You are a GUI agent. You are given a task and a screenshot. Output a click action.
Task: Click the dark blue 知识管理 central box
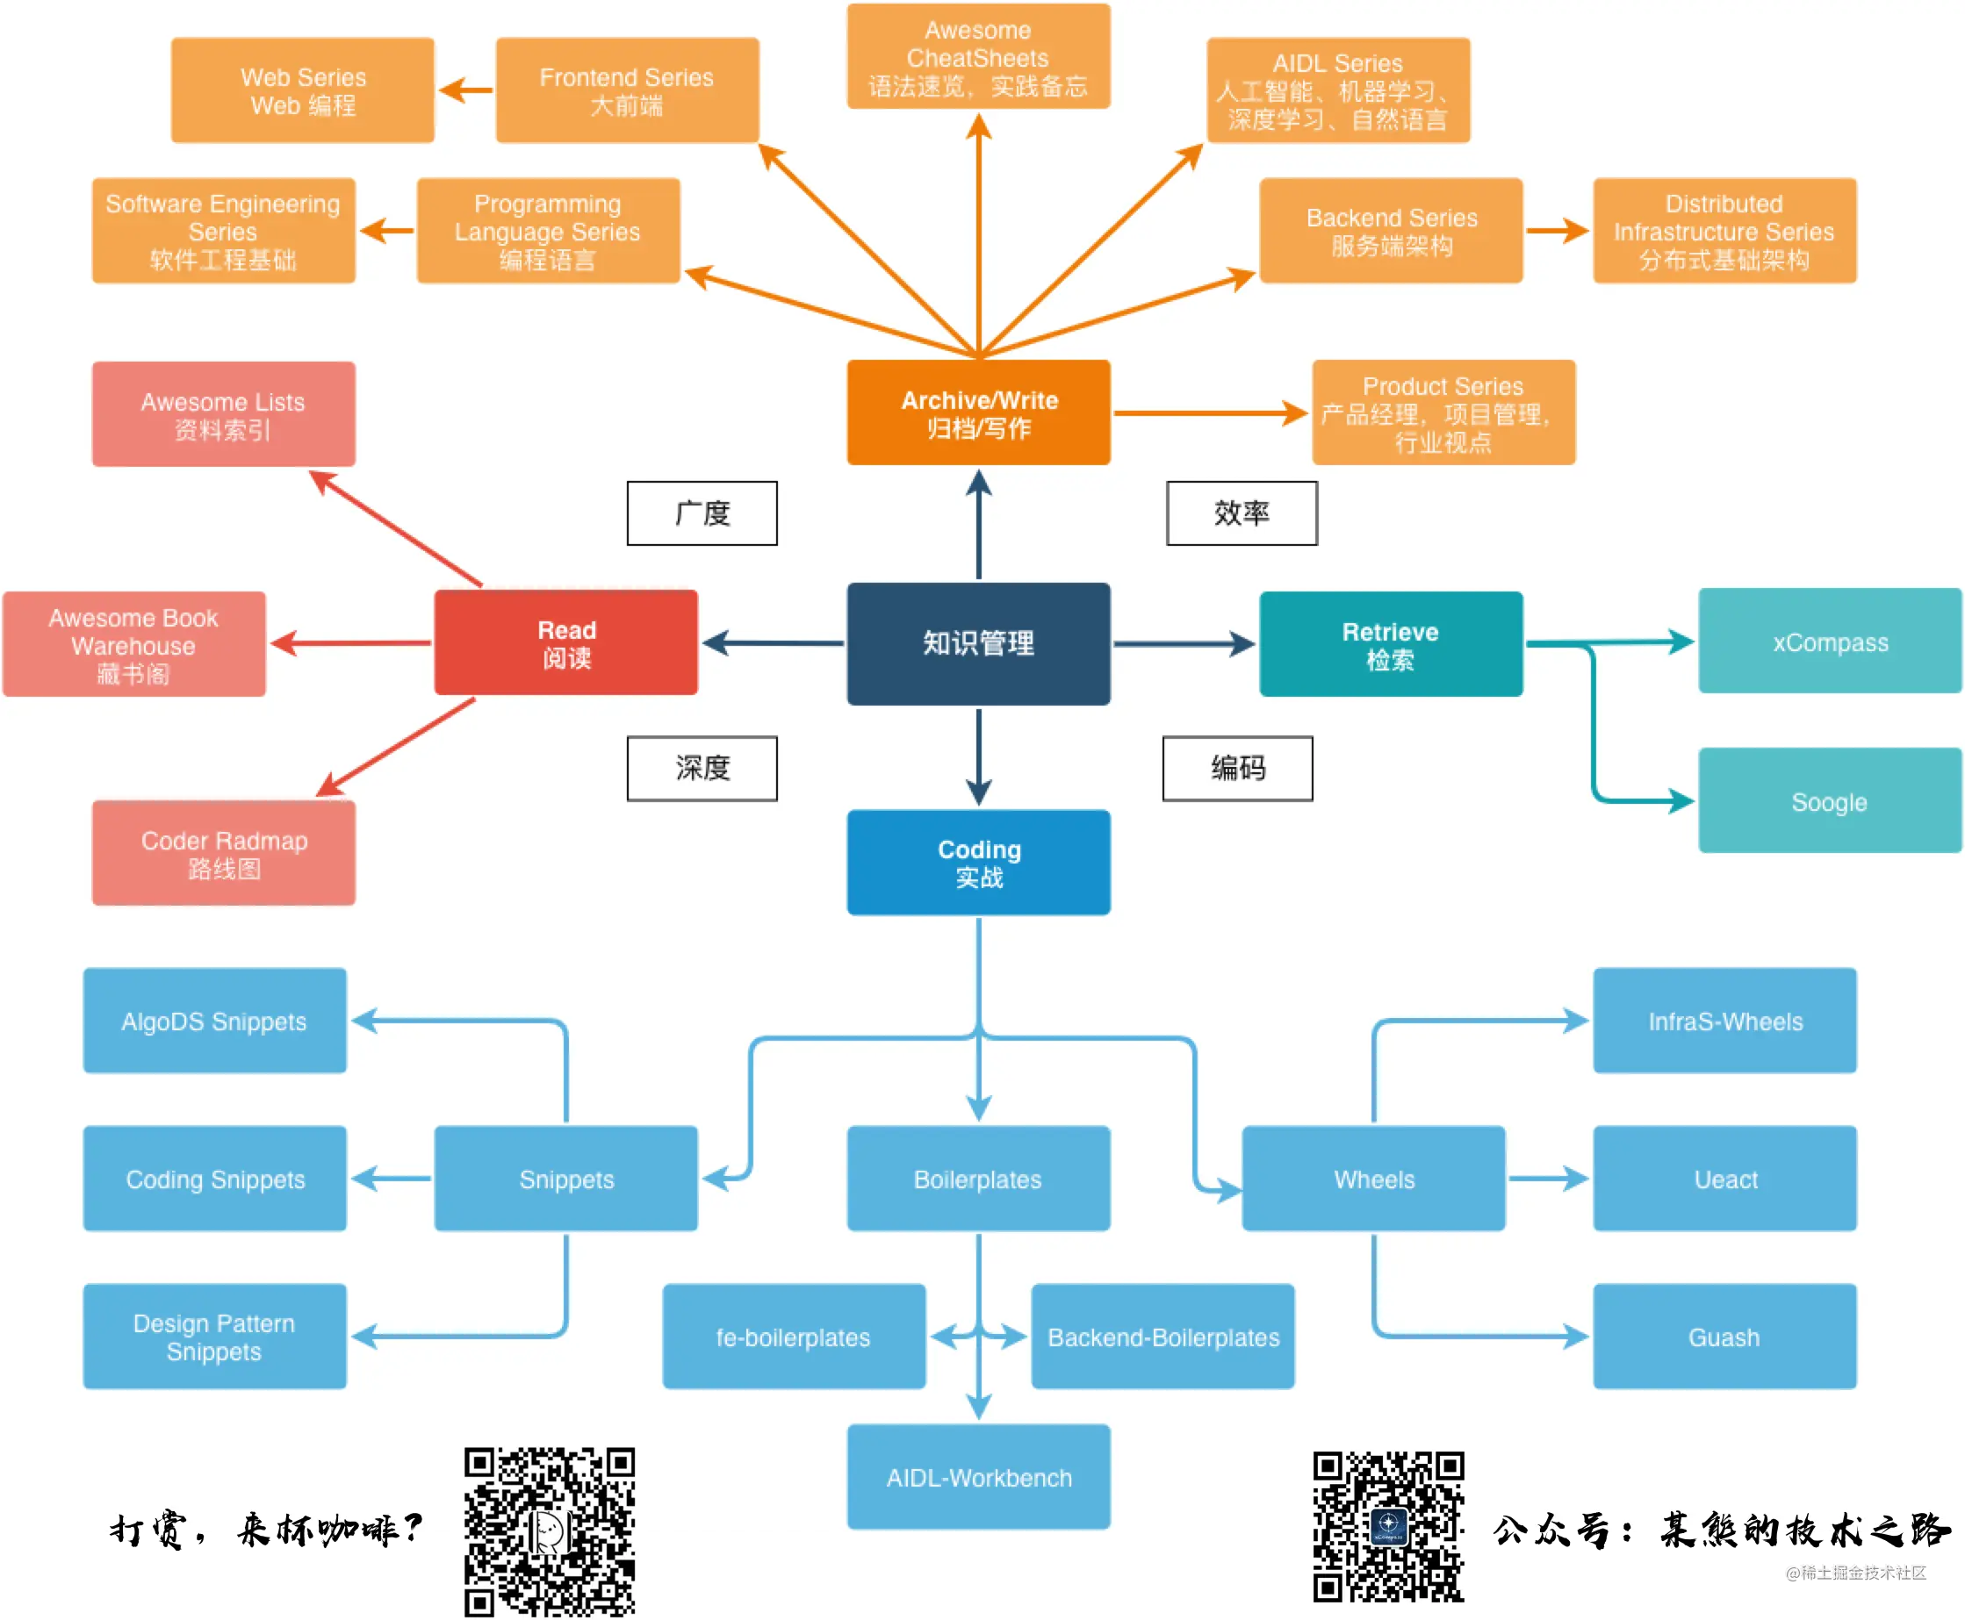pos(978,643)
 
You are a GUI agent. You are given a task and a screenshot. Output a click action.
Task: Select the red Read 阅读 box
pos(565,643)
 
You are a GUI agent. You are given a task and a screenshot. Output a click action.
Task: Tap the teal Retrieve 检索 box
pos(1391,644)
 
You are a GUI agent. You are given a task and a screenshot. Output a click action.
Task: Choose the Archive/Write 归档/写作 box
pos(978,412)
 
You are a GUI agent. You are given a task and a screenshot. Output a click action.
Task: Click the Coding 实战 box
pos(978,863)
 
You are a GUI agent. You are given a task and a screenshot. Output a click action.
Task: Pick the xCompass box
pos(1830,642)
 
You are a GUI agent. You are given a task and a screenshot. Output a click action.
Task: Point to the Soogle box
pos(1830,800)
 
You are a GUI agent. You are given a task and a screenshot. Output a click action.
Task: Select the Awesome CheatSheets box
pos(978,57)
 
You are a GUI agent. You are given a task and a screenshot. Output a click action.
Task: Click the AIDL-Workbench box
pos(978,1477)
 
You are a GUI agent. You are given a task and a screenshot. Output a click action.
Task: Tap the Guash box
pos(1724,1337)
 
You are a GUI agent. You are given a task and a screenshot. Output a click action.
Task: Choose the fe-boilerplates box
pos(794,1337)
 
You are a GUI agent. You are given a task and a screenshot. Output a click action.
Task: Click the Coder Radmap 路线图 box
pos(223,853)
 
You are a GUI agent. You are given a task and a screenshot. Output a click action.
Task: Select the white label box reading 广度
pos(702,513)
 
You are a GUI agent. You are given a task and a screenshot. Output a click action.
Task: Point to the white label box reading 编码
pos(1238,768)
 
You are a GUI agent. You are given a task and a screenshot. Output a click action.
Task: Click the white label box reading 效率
pos(1242,513)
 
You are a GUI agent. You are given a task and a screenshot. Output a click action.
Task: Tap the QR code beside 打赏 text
pos(550,1531)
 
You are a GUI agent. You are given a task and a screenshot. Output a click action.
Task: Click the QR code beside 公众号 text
pos(1388,1527)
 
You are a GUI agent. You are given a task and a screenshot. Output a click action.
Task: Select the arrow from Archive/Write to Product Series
pos(1212,412)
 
